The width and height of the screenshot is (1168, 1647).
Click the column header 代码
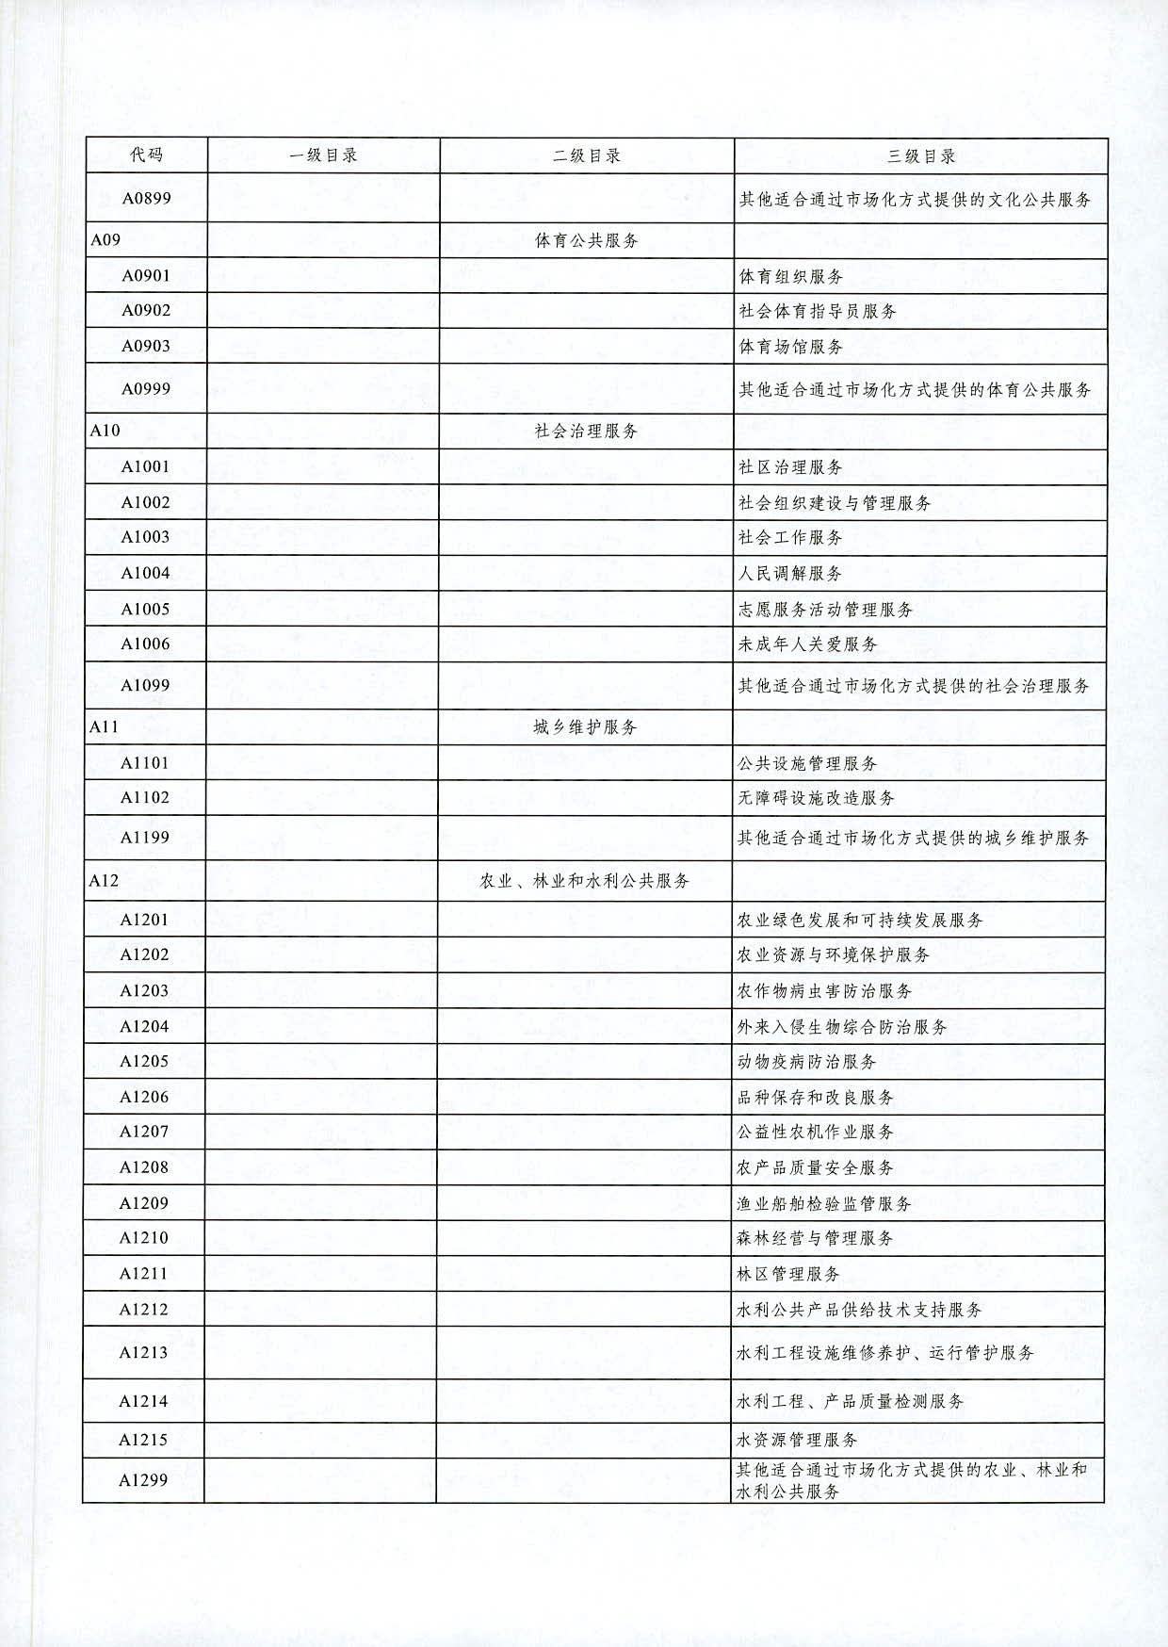[146, 155]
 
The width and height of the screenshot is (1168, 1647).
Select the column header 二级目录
[586, 156]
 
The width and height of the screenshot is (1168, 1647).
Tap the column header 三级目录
[920, 156]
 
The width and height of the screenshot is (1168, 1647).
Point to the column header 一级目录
[323, 155]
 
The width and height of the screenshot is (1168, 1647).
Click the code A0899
[146, 199]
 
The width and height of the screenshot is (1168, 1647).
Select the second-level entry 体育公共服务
[586, 240]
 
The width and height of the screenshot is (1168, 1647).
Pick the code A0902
[146, 311]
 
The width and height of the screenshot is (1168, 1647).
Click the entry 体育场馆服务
[790, 347]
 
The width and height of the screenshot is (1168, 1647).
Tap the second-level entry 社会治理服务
[586, 431]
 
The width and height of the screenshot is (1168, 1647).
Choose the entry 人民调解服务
[789, 573]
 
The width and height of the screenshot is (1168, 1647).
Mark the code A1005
[145, 609]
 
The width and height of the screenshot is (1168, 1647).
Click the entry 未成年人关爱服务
[807, 644]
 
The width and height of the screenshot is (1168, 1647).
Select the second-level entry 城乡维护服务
[585, 727]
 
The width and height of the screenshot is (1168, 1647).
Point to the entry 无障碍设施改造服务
[816, 798]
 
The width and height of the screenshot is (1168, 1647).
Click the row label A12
[104, 880]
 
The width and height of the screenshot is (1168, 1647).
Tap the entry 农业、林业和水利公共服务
[585, 881]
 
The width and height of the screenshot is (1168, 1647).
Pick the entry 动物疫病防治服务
[806, 1062]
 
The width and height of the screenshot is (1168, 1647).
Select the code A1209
[143, 1203]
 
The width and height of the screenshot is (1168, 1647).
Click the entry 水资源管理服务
[797, 1440]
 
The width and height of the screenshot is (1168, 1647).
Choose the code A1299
[143, 1480]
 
